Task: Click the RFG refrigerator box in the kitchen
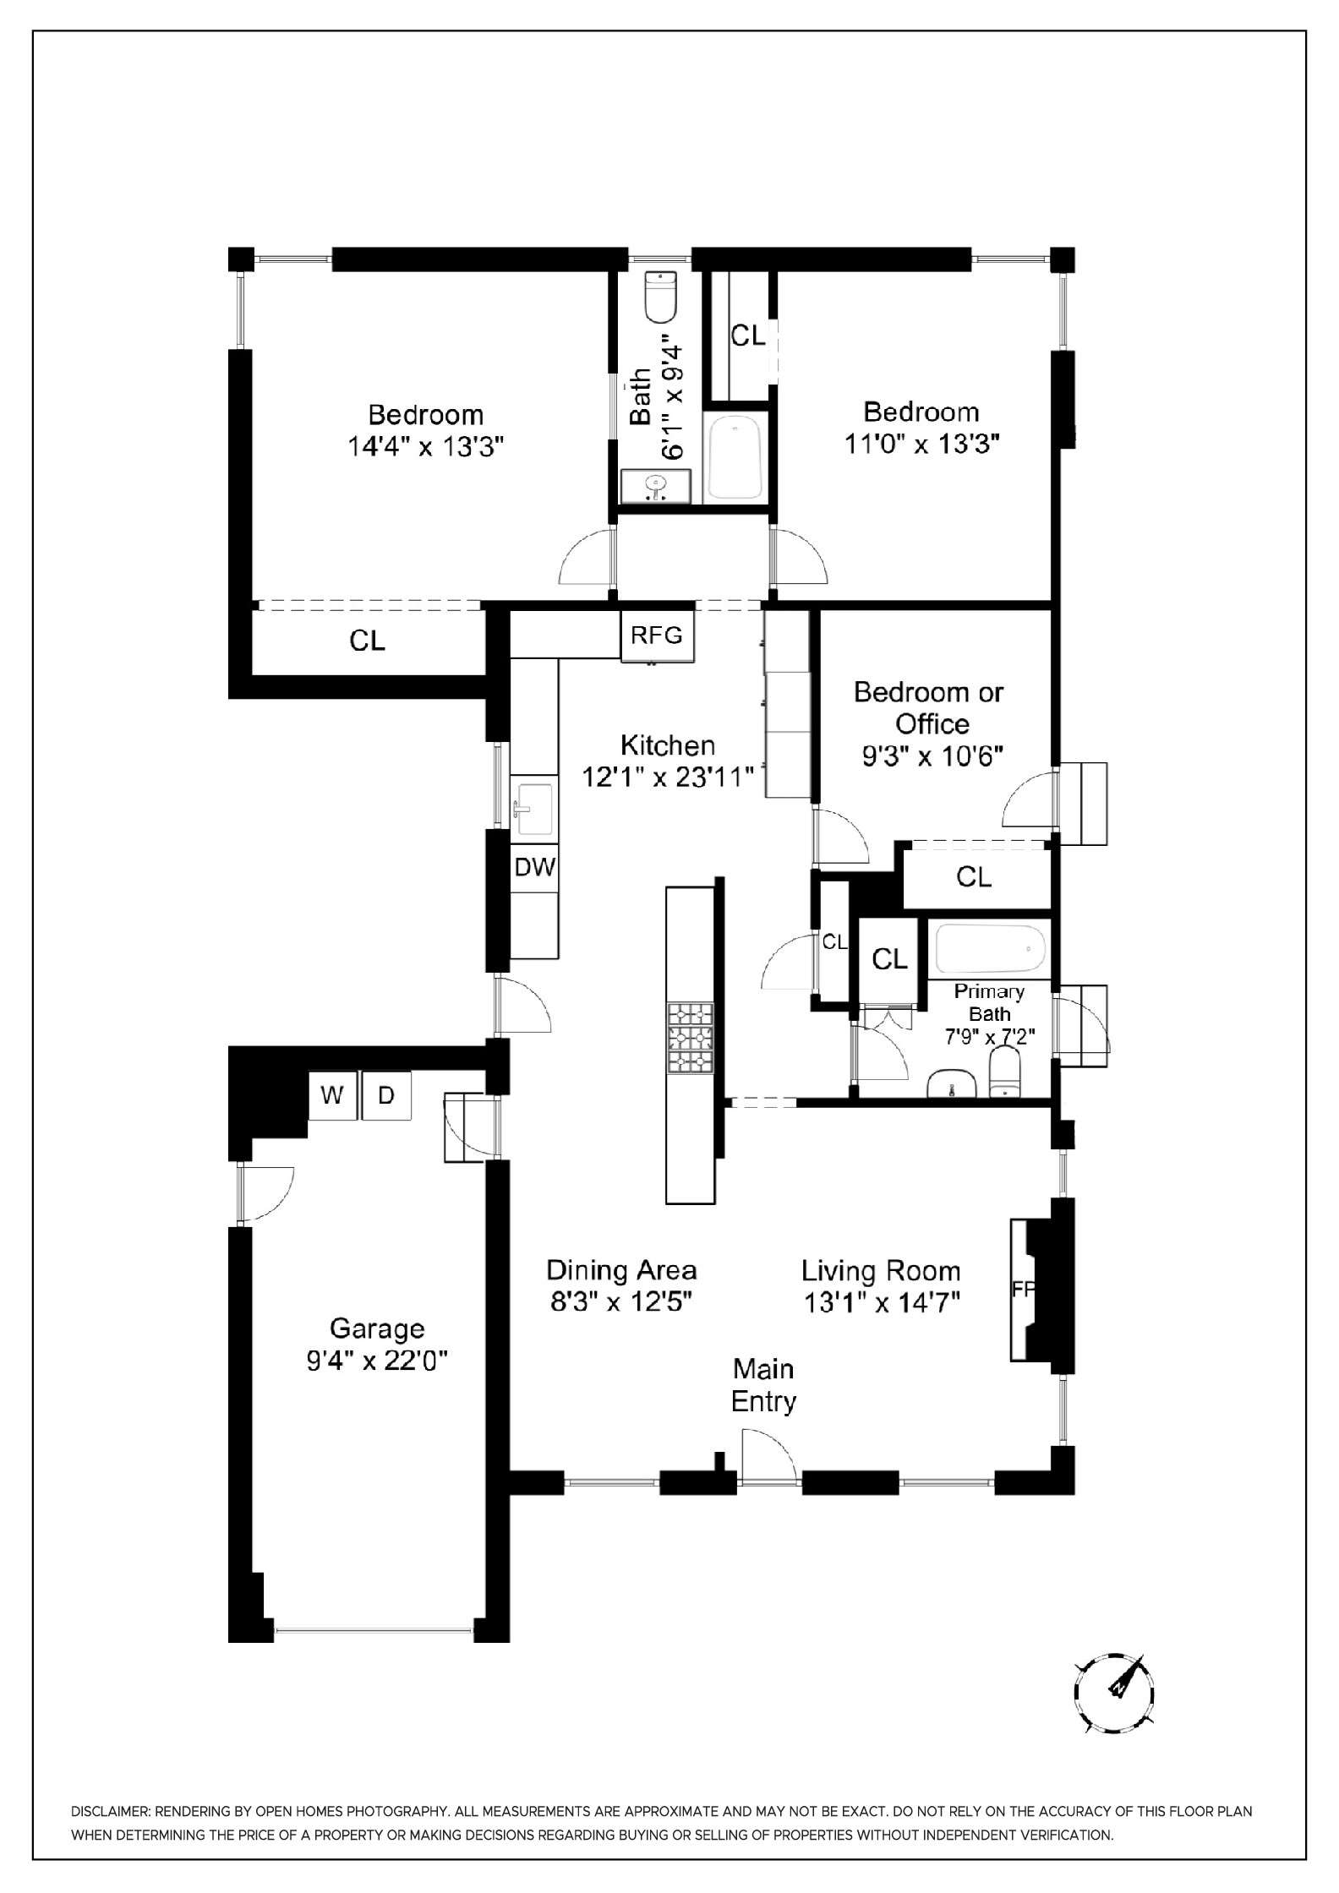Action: pos(657,636)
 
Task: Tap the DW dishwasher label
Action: pos(534,866)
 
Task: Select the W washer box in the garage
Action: pos(332,1095)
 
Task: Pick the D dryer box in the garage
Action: pos(386,1095)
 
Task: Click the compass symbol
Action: pos(1114,1694)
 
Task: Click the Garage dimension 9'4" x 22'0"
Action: pos(377,1361)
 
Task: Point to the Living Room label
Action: pos(881,1271)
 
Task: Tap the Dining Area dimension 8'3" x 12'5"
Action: pos(621,1302)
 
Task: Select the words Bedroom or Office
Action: pos(929,707)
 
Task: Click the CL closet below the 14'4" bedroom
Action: pos(367,641)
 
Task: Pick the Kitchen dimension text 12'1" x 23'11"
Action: pos(668,777)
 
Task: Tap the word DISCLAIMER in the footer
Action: pos(109,1812)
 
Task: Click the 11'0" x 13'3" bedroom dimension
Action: pos(922,444)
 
